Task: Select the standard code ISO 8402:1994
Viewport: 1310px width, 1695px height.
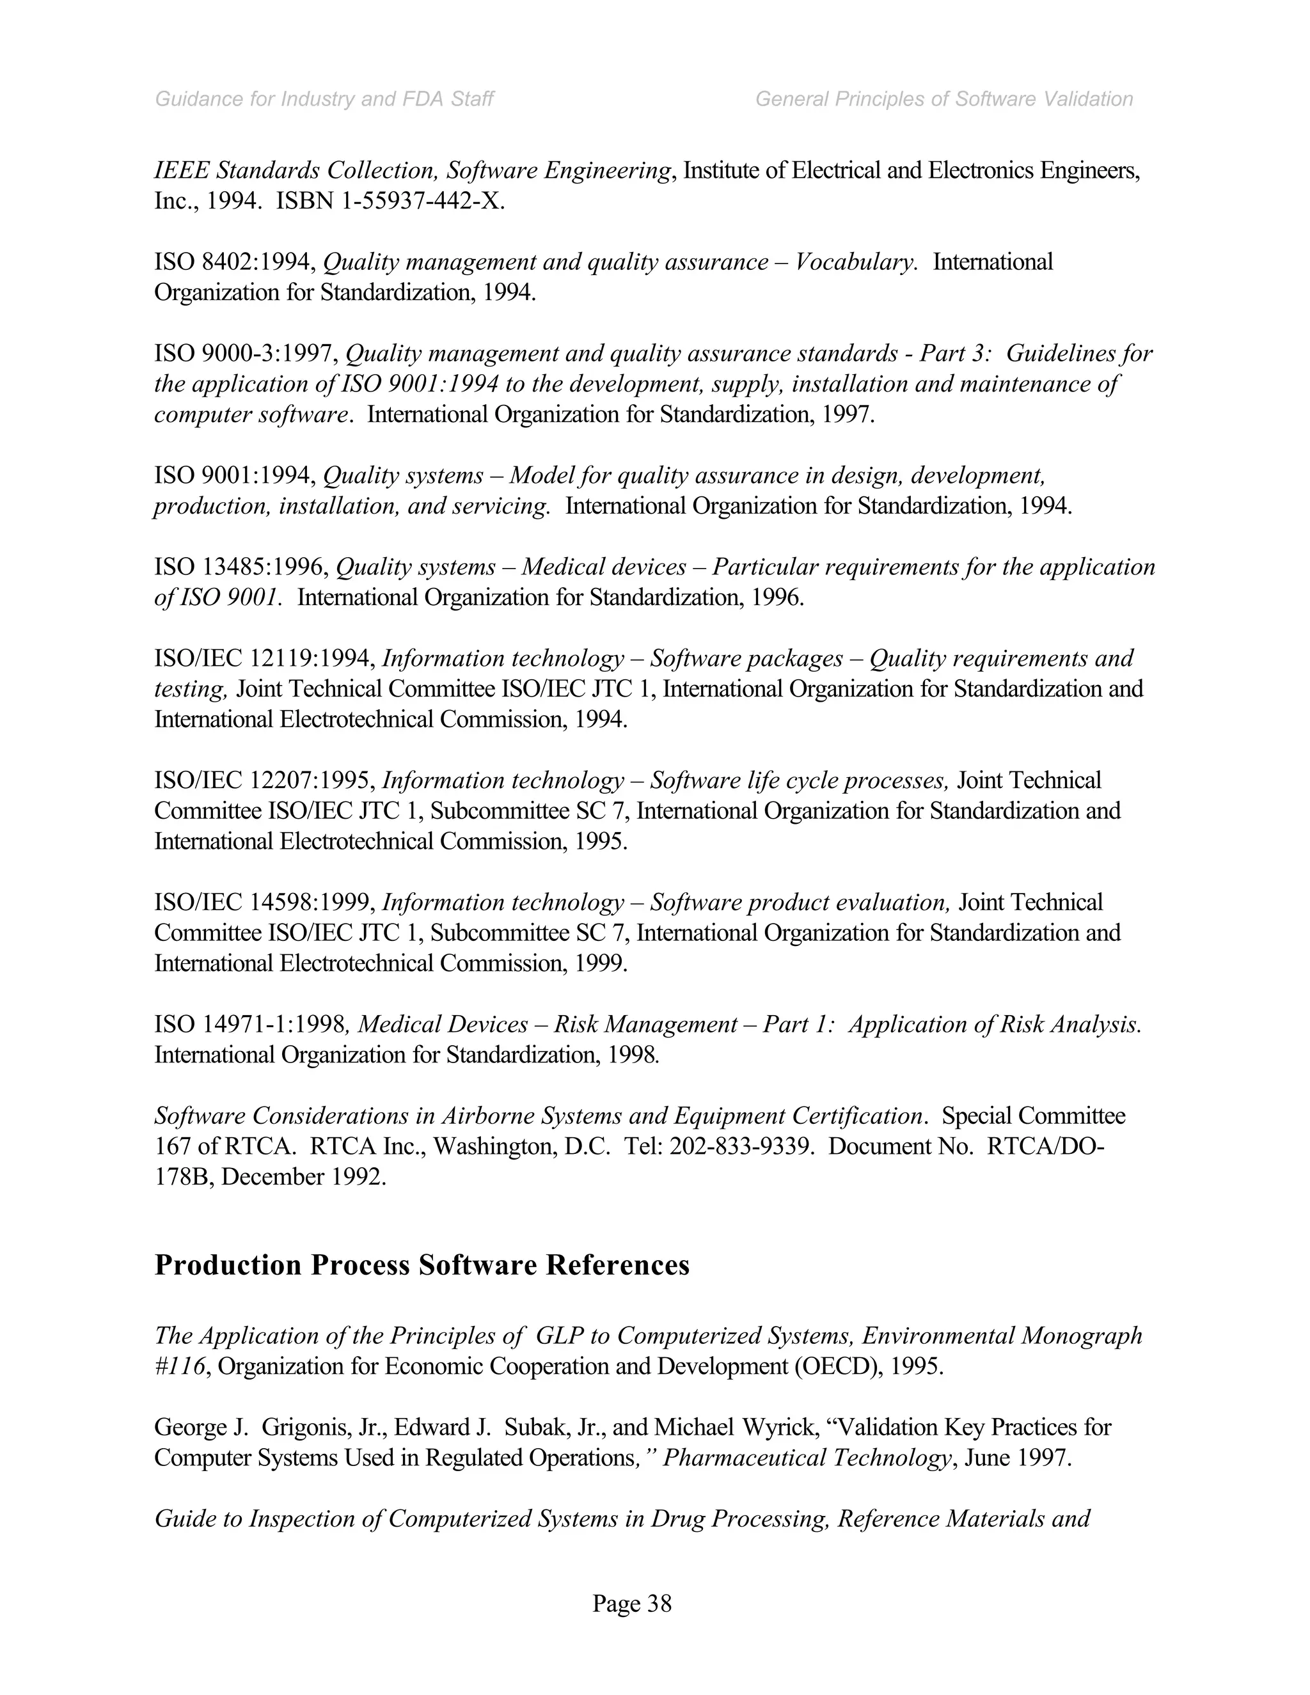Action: (x=233, y=262)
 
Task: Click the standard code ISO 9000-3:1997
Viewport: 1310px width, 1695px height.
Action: (x=244, y=354)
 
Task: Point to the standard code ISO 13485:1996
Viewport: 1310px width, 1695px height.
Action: (x=241, y=567)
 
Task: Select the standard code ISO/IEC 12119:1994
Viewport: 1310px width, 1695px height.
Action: (x=264, y=659)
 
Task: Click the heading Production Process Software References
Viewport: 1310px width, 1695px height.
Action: (x=422, y=1265)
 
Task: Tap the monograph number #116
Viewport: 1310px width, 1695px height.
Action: (x=180, y=1366)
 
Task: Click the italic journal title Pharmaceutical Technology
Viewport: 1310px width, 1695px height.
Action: (x=807, y=1458)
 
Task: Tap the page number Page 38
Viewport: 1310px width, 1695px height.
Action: (x=632, y=1603)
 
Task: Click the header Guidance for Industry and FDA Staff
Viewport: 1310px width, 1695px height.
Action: (x=324, y=99)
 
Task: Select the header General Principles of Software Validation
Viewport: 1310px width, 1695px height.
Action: (x=943, y=99)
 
